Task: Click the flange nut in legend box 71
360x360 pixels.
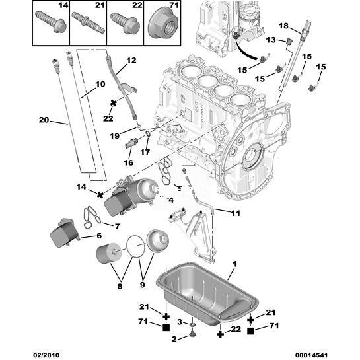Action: tap(162, 22)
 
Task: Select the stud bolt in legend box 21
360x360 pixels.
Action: tap(88, 22)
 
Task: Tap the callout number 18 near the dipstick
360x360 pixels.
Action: tap(283, 26)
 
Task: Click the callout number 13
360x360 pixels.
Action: tap(271, 40)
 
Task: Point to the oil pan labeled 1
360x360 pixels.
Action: tap(207, 293)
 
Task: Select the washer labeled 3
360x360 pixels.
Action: tap(192, 324)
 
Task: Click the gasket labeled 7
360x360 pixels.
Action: tap(92, 217)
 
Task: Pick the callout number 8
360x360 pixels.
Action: tap(120, 286)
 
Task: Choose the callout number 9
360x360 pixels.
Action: tap(142, 285)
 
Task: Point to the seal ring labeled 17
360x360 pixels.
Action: tap(148, 134)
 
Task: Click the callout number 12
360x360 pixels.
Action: tap(131, 60)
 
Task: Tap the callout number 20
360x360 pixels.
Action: tap(44, 120)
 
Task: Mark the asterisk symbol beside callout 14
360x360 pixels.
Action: tap(100, 195)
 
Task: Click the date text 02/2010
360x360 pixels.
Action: tap(46, 355)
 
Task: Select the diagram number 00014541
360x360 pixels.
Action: tap(311, 355)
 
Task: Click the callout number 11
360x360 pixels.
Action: tap(235, 213)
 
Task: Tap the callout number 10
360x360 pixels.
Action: tap(100, 84)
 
